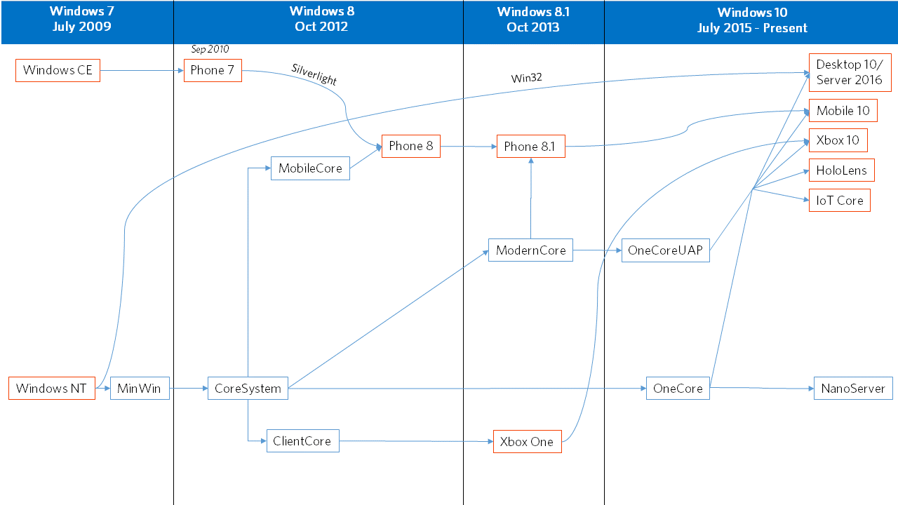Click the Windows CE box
tap(58, 71)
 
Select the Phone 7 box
tap(213, 71)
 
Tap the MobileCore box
tap(310, 168)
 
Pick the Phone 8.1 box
tap(531, 147)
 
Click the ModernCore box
tap(530, 250)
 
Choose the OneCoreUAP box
tap(666, 250)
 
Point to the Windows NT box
tap(52, 389)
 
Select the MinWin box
tap(140, 389)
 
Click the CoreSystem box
tap(248, 389)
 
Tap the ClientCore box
tap(302, 441)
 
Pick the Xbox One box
tap(527, 442)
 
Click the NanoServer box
tap(853, 389)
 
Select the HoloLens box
tap(841, 170)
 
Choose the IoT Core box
tap(840, 201)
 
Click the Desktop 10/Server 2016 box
tap(850, 72)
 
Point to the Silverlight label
tap(314, 74)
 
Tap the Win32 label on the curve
tap(526, 78)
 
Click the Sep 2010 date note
tap(210, 49)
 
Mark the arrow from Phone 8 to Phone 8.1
tap(469, 147)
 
